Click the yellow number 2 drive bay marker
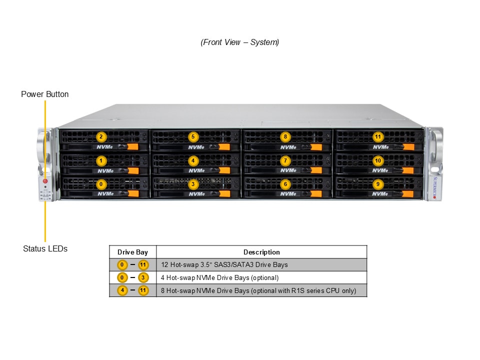(x=101, y=136)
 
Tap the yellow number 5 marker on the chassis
(x=193, y=136)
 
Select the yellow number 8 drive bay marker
(x=285, y=136)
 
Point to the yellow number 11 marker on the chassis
(x=377, y=136)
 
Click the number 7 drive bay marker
(x=285, y=160)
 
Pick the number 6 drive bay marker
(x=285, y=184)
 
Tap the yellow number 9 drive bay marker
(x=377, y=184)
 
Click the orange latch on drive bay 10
(x=408, y=170)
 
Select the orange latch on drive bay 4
(x=224, y=170)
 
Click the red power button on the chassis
(x=45, y=181)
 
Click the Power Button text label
(x=45, y=94)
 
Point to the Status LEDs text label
(x=45, y=248)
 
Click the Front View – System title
(x=240, y=42)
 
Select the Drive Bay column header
(x=132, y=252)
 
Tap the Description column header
(x=261, y=252)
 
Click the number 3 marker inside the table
(x=143, y=277)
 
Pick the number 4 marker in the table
(x=122, y=290)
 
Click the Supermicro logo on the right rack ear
(x=434, y=187)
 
